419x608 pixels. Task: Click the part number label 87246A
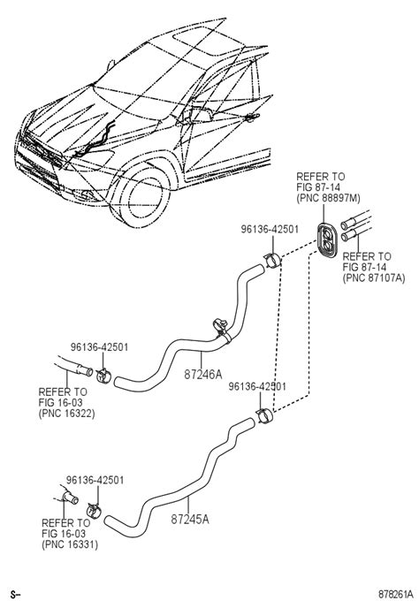pos(203,374)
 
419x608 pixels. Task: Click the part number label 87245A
pos(190,519)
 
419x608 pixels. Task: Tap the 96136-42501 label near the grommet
pos(270,229)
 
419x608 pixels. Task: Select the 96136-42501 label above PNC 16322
pos(99,347)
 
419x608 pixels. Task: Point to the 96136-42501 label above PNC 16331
pos(95,480)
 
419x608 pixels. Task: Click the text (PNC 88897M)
pos(328,198)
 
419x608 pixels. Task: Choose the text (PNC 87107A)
pos(374,278)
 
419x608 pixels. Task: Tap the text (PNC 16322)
pos(66,414)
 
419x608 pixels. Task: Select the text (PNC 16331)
pos(70,544)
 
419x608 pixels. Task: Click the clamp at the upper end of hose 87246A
pos(273,260)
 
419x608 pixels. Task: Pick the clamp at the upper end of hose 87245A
pos(265,416)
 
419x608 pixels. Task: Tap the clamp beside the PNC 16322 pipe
pos(103,376)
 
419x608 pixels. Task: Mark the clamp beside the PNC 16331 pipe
pos(94,510)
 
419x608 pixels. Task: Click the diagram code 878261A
pos(396,595)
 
